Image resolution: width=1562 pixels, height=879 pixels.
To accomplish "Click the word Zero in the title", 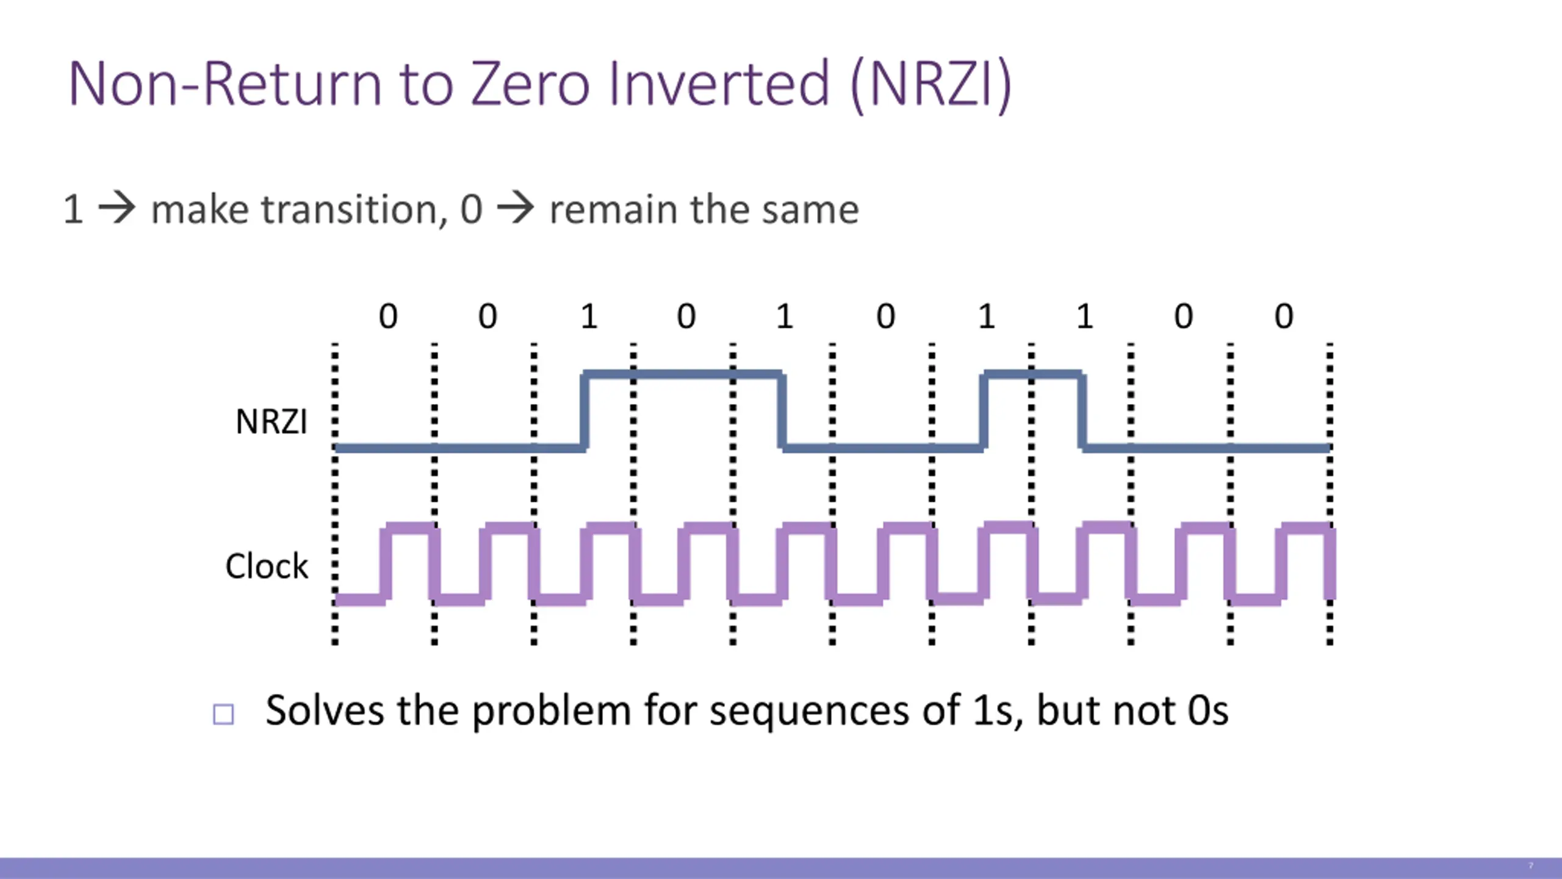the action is point(530,84).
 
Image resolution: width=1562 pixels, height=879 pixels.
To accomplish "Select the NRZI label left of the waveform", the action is point(271,422).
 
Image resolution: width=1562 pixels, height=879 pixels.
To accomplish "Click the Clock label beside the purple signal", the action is point(267,566).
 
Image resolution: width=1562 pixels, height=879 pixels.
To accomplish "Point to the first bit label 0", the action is point(388,316).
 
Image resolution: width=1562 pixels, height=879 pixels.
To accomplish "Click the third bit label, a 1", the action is point(588,316).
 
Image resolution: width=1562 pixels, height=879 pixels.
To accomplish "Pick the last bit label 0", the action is point(1284,316).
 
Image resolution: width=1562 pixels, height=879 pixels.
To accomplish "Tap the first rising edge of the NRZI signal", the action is point(585,411).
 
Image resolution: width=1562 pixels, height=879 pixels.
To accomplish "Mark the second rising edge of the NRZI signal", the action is point(983,411).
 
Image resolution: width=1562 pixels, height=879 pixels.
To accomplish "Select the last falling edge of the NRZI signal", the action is point(1082,411).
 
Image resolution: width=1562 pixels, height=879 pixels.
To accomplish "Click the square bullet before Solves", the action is point(223,714).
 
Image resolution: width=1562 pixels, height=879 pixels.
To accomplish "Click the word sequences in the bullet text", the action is point(809,711).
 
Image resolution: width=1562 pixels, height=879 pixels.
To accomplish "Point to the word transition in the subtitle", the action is point(350,209).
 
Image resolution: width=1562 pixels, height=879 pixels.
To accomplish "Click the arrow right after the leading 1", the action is point(117,209).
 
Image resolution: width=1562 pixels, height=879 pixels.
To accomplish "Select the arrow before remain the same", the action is point(516,209).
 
